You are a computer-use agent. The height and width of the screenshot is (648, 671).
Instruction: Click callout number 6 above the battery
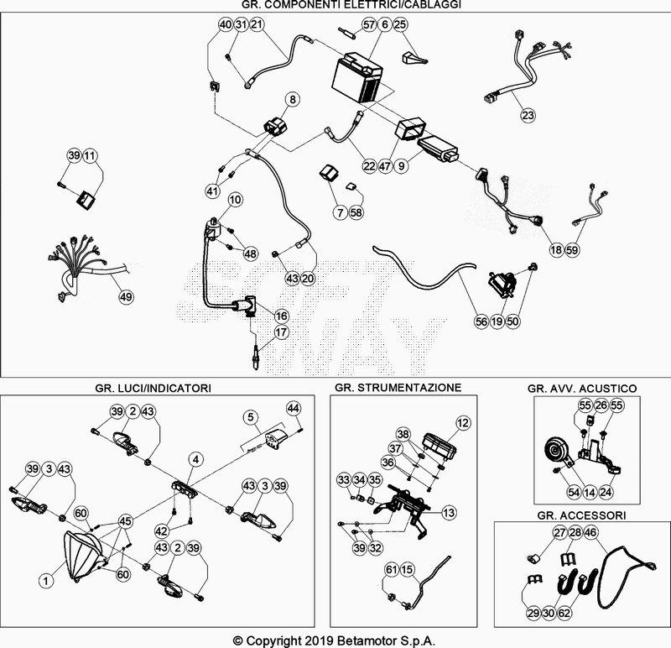point(384,25)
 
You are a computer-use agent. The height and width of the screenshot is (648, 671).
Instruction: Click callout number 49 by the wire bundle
point(125,296)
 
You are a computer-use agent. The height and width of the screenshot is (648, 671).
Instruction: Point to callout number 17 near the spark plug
point(281,332)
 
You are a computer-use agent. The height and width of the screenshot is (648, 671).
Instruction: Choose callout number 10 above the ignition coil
point(234,200)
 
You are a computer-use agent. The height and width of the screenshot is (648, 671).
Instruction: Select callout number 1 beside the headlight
point(47,579)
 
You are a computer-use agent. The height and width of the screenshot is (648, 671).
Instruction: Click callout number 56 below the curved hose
point(481,320)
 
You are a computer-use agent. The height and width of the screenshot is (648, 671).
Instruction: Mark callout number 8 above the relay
point(292,100)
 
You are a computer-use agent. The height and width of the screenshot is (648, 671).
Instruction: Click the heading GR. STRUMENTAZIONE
point(397,388)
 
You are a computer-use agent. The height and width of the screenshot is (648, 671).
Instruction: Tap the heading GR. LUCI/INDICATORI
point(153,388)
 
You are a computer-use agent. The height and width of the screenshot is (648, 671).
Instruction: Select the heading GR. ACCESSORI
point(580,513)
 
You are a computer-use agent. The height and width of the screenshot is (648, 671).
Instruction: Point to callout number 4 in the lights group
point(195,459)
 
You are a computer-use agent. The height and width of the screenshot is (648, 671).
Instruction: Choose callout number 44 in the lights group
point(293,408)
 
